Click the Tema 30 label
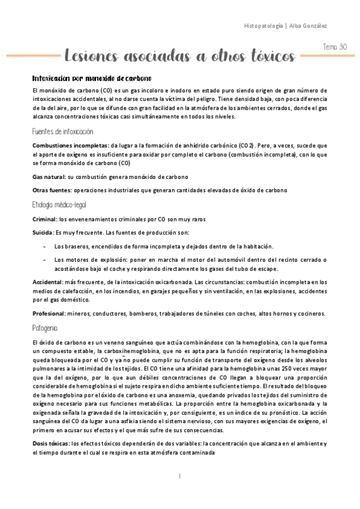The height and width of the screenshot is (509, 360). (x=334, y=46)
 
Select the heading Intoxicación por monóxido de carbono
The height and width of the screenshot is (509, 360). (x=91, y=78)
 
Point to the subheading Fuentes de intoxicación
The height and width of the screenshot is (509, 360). (x=63, y=131)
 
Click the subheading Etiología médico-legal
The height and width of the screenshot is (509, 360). (x=60, y=205)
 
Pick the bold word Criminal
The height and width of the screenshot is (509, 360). (x=44, y=219)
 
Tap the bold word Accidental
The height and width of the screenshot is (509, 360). (x=49, y=282)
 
